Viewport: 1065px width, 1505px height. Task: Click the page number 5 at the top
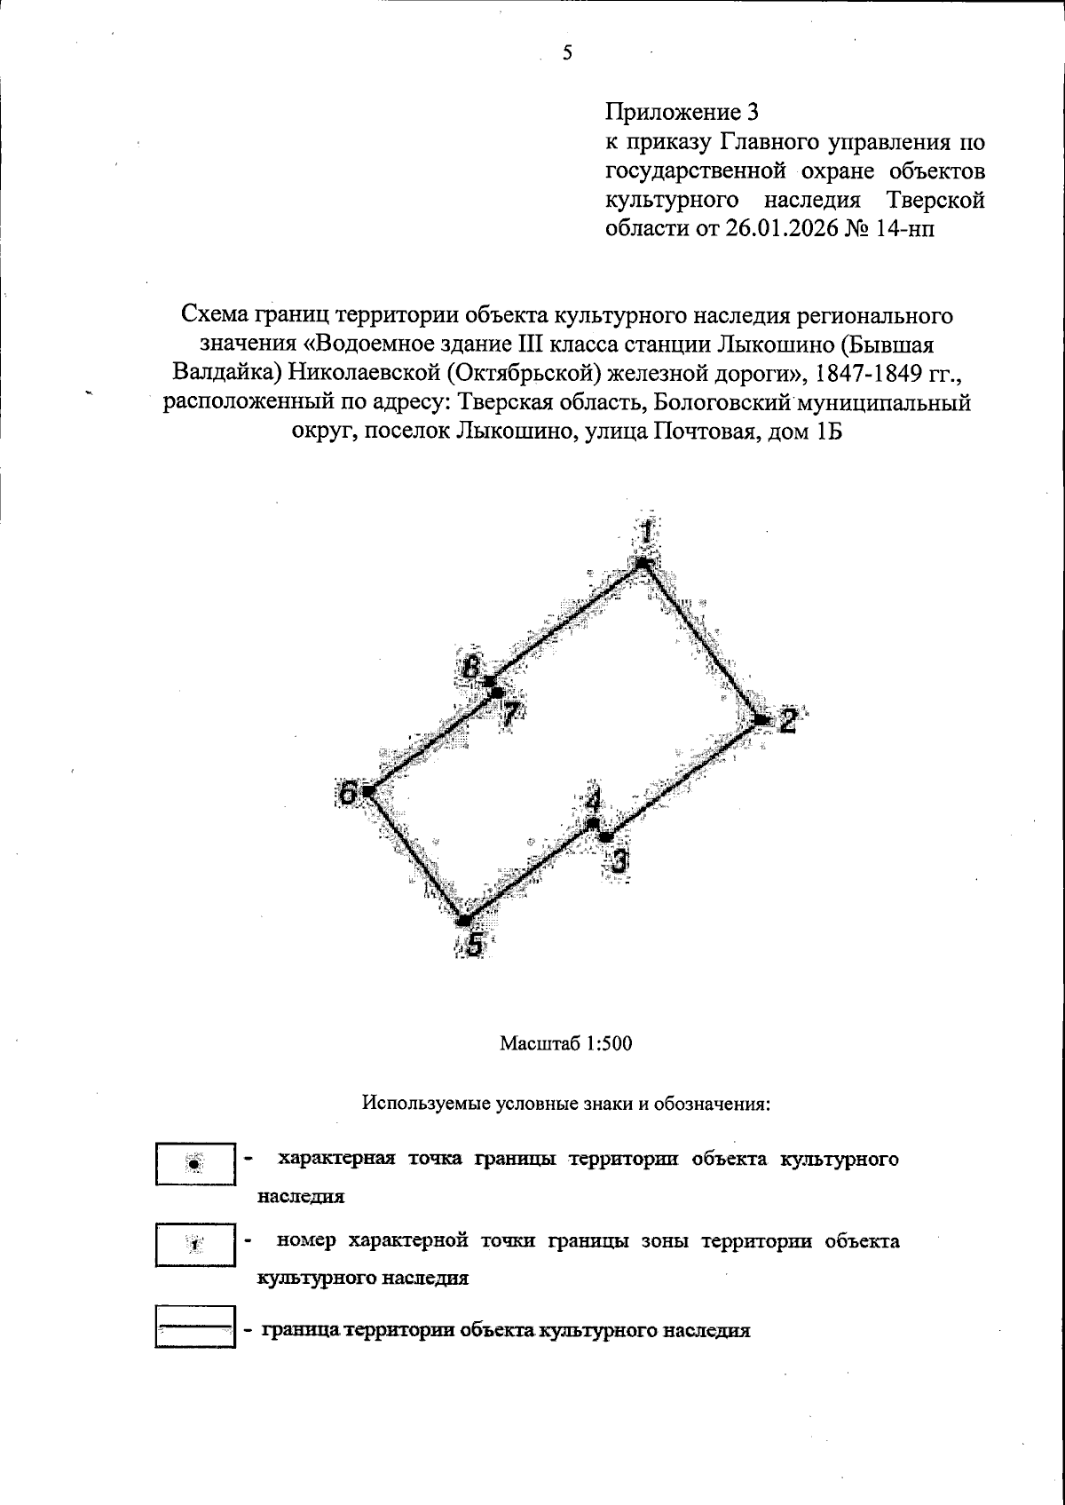568,53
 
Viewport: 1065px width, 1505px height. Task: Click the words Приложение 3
682,113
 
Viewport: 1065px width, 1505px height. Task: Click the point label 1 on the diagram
648,535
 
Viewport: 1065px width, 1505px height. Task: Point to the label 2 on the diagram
787,721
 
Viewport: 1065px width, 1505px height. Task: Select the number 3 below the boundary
619,860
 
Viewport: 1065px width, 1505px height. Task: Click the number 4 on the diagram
593,800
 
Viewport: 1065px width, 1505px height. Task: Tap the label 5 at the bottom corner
476,945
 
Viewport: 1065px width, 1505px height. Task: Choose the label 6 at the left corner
350,793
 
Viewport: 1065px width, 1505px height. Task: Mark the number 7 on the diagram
509,714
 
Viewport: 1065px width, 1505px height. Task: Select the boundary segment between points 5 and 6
415,854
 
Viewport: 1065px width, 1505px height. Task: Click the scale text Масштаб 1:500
565,1043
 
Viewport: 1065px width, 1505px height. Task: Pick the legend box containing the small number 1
195,1245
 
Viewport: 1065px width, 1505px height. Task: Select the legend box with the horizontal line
195,1327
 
